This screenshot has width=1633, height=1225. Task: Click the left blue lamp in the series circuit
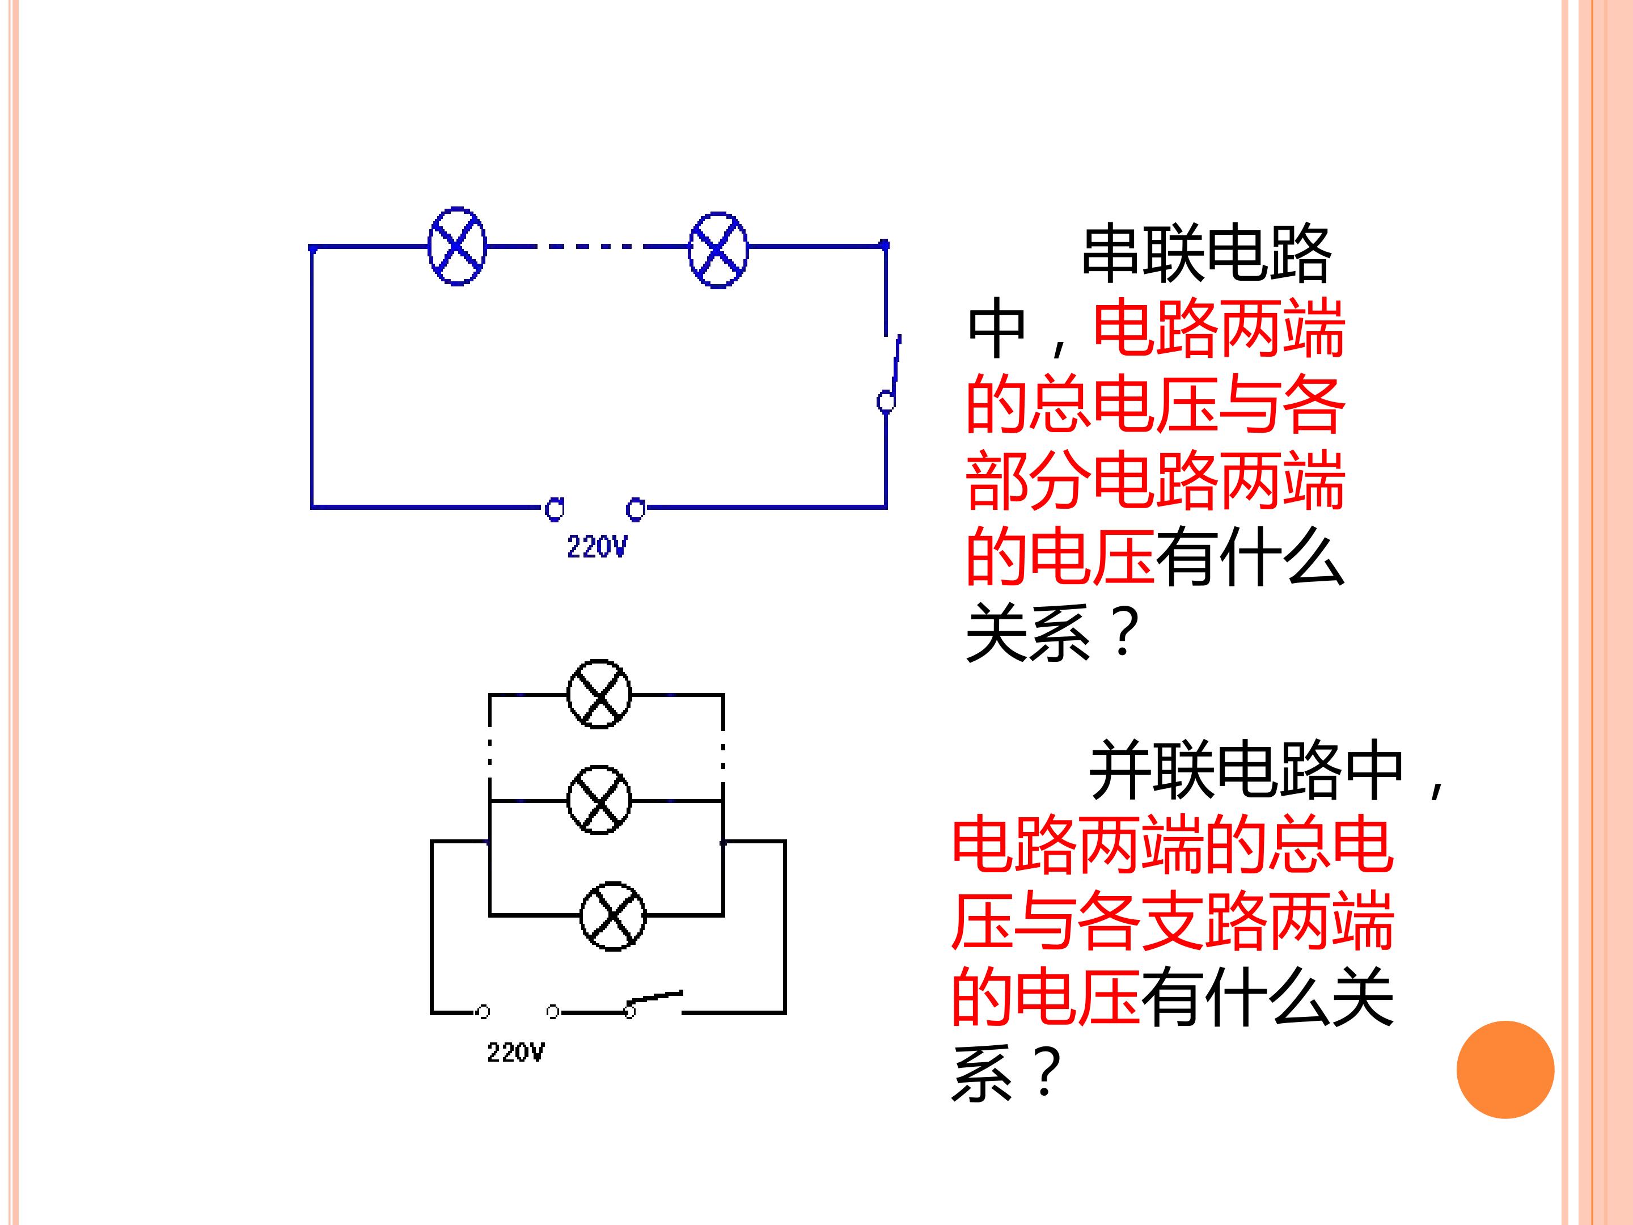(x=458, y=247)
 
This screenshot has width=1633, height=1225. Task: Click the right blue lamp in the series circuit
(x=718, y=250)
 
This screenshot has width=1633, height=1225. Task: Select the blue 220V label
(x=597, y=547)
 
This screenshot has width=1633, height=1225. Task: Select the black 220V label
(x=515, y=1052)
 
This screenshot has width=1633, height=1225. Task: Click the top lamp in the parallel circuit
(x=599, y=694)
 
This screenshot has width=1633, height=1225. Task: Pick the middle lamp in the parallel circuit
(x=599, y=800)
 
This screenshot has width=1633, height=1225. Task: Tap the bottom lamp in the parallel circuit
(x=613, y=915)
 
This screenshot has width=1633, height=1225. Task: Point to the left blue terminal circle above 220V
(x=555, y=509)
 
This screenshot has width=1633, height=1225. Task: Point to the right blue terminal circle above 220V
(x=636, y=509)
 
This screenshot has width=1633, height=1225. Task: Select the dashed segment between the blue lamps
(x=587, y=247)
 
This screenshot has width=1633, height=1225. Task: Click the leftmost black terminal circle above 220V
(x=484, y=1012)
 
